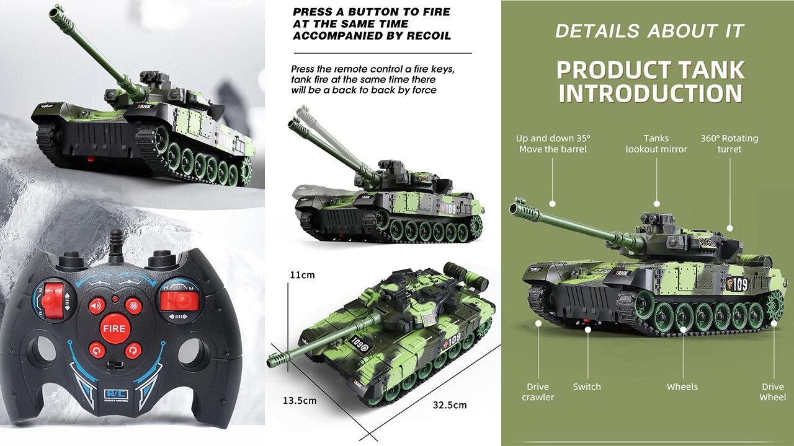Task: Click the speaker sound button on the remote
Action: [96, 306]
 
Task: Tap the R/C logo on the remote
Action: [116, 395]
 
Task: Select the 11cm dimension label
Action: [302, 275]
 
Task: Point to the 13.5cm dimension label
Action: [300, 401]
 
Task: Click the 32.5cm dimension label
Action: [450, 405]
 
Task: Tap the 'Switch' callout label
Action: [587, 387]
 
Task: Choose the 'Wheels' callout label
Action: [682, 387]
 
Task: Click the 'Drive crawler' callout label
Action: [538, 392]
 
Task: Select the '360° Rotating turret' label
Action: [729, 144]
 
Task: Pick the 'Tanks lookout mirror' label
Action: [656, 144]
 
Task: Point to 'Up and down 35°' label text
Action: [553, 138]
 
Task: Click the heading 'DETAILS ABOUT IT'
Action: [649, 31]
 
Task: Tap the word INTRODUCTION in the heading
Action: [651, 94]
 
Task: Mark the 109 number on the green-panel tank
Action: [739, 284]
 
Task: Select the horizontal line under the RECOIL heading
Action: [383, 53]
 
